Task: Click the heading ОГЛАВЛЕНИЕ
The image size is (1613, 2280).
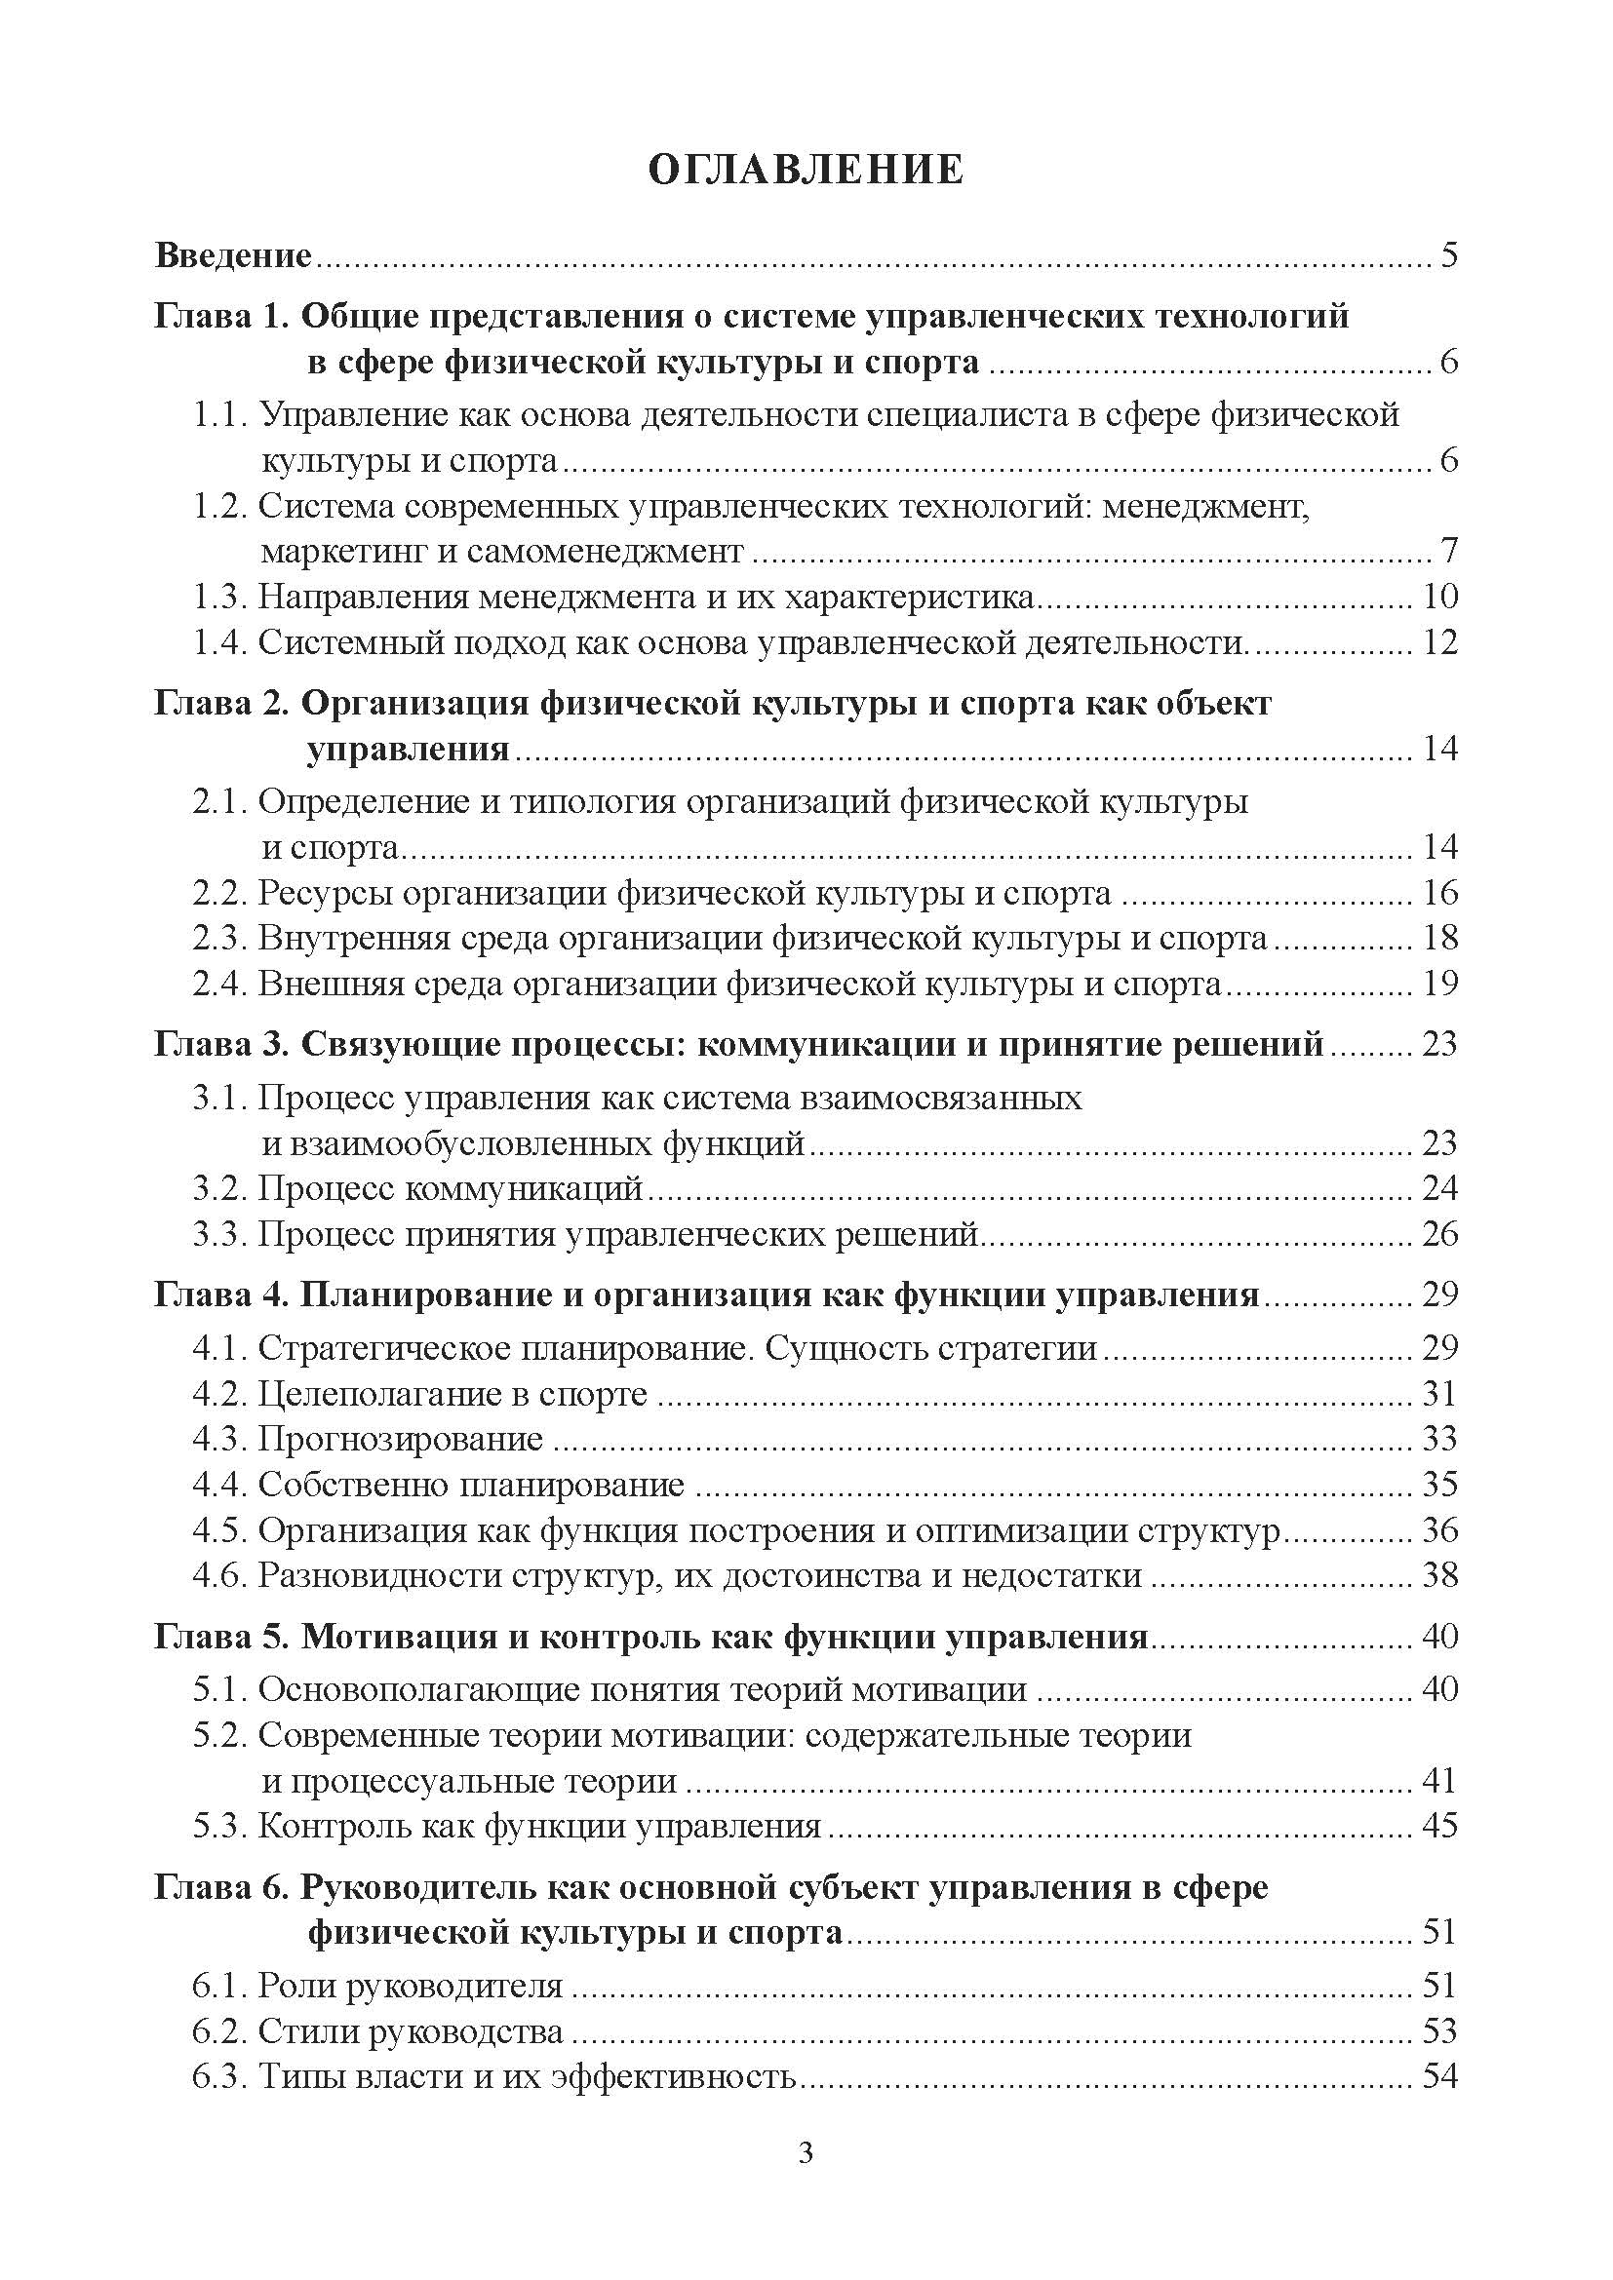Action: click(806, 170)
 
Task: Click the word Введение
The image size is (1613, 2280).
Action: click(233, 256)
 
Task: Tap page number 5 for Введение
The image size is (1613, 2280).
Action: click(1448, 256)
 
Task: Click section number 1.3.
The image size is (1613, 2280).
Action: click(219, 597)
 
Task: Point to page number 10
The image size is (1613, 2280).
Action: click(1439, 597)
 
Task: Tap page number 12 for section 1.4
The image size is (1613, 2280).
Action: click(1439, 642)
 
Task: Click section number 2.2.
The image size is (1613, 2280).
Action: click(219, 894)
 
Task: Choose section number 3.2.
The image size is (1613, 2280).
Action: click(219, 1188)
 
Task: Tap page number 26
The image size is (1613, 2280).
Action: click(1439, 1234)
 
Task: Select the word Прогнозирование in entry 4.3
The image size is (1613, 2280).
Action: click(400, 1440)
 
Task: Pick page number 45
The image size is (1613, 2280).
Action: click(1439, 1826)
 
